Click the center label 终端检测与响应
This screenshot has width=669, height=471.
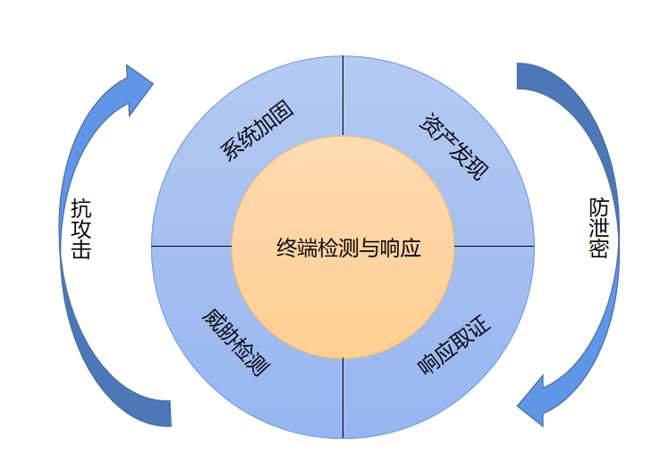pyautogui.click(x=349, y=248)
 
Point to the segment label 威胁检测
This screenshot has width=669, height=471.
pyautogui.click(x=235, y=342)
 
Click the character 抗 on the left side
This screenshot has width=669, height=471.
pyautogui.click(x=80, y=207)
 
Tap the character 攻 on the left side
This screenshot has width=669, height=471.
pyautogui.click(x=80, y=229)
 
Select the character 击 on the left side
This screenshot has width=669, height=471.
pyautogui.click(x=80, y=249)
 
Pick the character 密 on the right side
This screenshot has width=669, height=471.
pyautogui.click(x=598, y=249)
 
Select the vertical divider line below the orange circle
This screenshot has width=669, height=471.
pyautogui.click(x=343, y=399)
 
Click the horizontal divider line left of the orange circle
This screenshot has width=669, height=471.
pyautogui.click(x=191, y=245)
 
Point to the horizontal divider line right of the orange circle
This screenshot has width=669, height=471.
pyautogui.click(x=495, y=245)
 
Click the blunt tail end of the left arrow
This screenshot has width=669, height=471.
pyautogui.click(x=164, y=413)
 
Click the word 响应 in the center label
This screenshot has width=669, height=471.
pyautogui.click(x=402, y=248)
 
